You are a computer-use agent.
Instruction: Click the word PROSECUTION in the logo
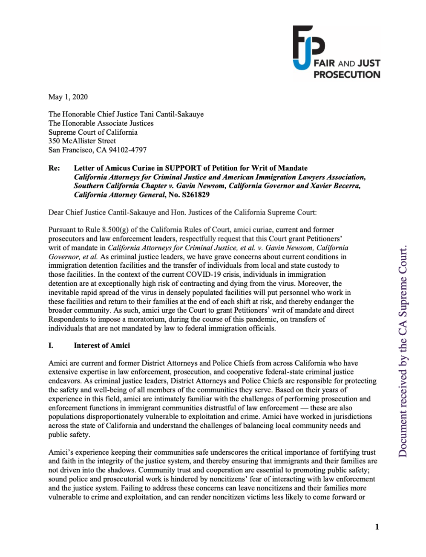(x=347, y=75)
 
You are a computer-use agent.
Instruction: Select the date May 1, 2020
(x=68, y=97)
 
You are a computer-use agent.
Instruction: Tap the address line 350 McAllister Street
(x=82, y=141)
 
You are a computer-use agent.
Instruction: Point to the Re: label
(x=54, y=168)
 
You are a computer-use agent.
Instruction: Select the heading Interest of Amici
(x=102, y=345)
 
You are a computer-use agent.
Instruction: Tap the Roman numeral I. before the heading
(x=51, y=345)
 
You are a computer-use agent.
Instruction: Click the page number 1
(x=377, y=527)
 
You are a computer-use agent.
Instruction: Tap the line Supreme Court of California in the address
(x=93, y=132)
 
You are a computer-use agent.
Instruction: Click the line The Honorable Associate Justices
(x=101, y=123)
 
